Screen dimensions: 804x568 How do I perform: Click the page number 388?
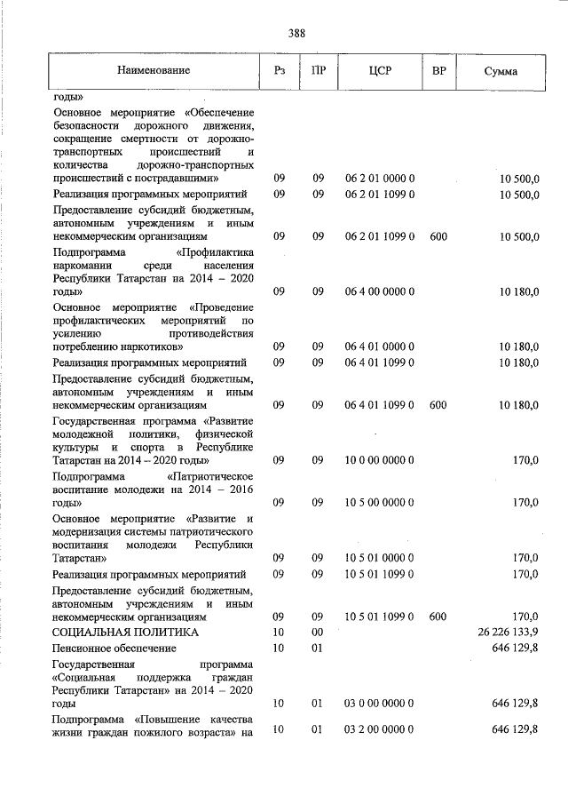pos(296,34)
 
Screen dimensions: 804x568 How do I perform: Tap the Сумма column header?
pos(501,71)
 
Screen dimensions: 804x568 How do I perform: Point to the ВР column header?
pos(438,70)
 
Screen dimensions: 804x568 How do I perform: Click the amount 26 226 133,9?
pos(508,632)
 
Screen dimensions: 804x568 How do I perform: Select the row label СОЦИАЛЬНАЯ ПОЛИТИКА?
pos(125,632)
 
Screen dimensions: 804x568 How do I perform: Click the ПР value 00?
pos(318,632)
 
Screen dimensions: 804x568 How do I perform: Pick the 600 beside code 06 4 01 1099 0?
pos(438,405)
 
